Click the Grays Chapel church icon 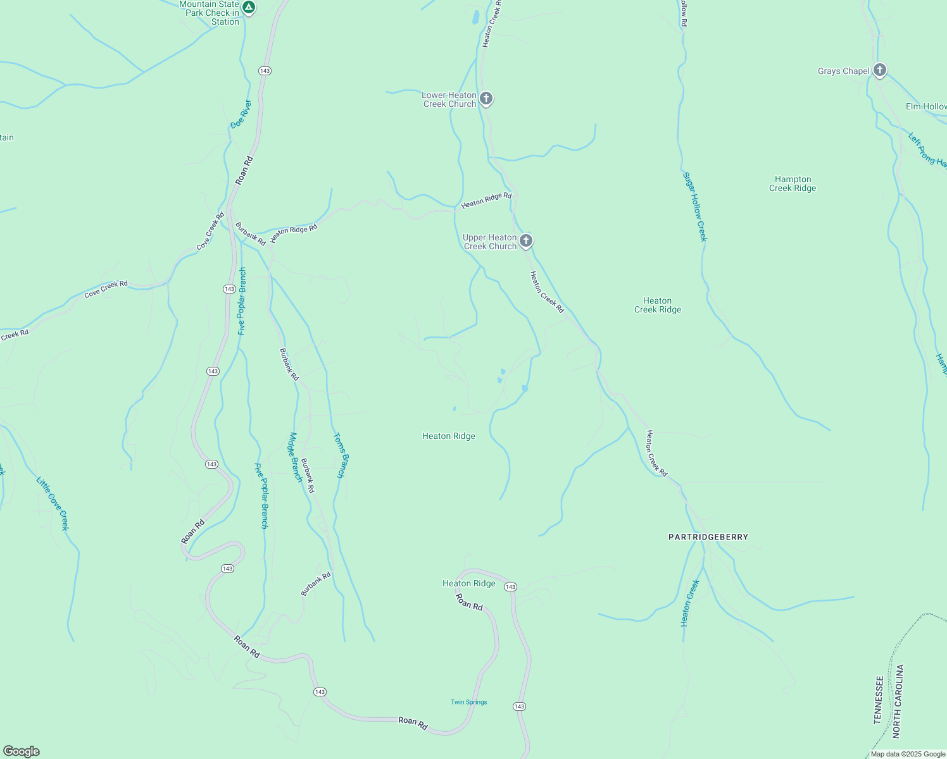879,70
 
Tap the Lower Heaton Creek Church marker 486,98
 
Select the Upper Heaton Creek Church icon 525,240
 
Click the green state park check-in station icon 249,8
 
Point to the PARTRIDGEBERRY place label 708,537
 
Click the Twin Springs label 468,702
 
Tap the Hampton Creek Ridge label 793,183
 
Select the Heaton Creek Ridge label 658,305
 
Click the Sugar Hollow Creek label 694,206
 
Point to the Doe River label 241,114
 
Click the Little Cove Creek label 53,503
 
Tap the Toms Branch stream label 340,455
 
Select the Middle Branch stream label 296,457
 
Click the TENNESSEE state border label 878,700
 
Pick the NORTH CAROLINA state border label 898,701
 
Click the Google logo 22,751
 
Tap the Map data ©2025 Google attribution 908,754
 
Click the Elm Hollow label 925,106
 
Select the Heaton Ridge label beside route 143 468,583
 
